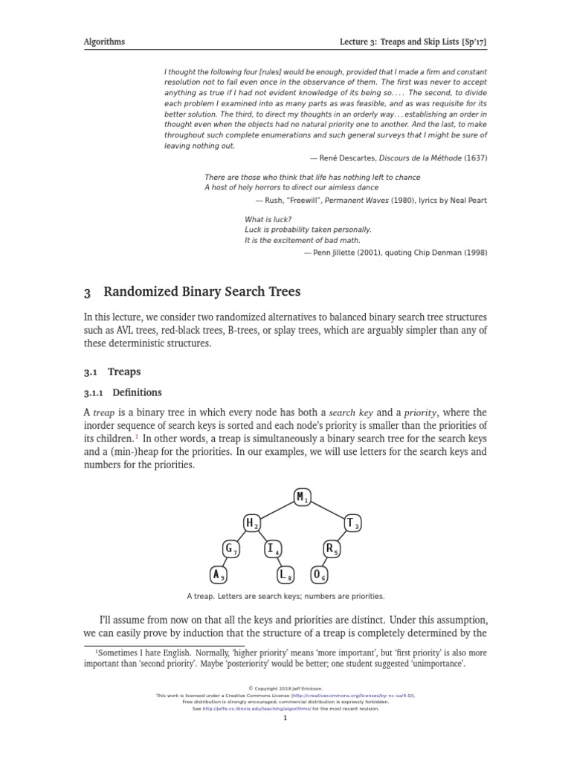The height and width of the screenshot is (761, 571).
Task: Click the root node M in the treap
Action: tap(302, 497)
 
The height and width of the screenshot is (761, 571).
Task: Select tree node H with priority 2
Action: tap(252, 523)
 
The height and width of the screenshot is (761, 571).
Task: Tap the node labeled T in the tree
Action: tap(352, 523)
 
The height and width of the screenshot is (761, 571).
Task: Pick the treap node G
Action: tap(230, 549)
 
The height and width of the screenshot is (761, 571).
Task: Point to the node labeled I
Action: tap(273, 549)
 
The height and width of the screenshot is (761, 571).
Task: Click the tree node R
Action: tap(331, 549)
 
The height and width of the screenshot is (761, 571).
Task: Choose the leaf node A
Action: tap(217, 574)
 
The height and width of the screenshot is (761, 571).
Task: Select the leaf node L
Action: tap(286, 574)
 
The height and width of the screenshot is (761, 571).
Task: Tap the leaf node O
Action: tap(318, 574)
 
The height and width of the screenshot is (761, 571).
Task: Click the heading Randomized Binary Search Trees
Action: tap(201, 292)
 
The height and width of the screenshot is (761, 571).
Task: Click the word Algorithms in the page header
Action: tap(104, 42)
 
